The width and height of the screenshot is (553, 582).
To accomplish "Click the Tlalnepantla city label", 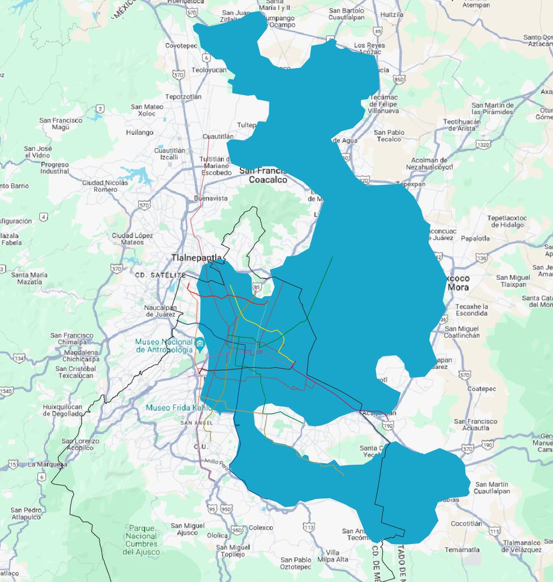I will point(196,258).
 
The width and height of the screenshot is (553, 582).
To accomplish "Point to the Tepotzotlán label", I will point(183,97).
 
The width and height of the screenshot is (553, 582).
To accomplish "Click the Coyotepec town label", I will point(181,46).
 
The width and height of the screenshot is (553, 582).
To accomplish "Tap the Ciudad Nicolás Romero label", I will point(105,186).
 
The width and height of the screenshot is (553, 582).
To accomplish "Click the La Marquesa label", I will point(47,464).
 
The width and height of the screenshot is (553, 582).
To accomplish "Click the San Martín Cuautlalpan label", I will point(492,487).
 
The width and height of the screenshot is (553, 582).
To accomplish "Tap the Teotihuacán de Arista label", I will point(461,125).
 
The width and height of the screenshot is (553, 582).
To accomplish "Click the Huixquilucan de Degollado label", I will point(63,410).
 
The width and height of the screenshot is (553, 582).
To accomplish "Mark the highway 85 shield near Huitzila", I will point(378,31).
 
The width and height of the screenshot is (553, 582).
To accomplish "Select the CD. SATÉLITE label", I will point(154,275).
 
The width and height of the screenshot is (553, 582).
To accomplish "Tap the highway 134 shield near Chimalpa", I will point(19,358).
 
